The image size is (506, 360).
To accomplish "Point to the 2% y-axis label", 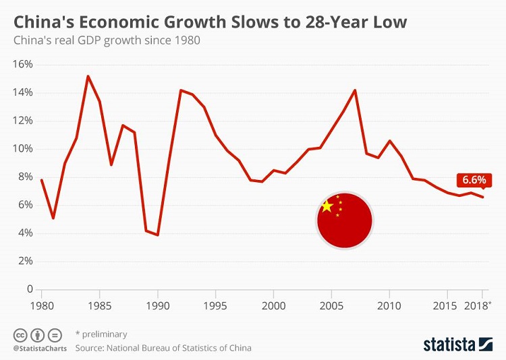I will (x=25, y=261).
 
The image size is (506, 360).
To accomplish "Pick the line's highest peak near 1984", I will (x=88, y=76).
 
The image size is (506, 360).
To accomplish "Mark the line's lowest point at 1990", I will (x=158, y=235).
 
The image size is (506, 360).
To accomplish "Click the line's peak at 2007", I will (x=355, y=90).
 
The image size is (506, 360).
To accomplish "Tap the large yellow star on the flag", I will (x=327, y=206).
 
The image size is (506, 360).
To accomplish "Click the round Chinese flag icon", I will (x=345, y=219).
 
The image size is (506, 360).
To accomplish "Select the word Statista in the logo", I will (x=448, y=344).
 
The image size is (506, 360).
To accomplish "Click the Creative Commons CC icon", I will (x=20, y=334).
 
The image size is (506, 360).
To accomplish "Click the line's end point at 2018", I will (x=482, y=197).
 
